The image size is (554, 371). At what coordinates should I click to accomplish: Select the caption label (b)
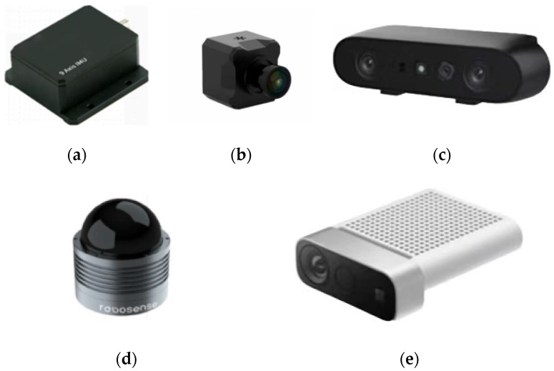pyautogui.click(x=241, y=154)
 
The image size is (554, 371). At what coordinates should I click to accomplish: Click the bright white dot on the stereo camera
pyautogui.click(x=422, y=69)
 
